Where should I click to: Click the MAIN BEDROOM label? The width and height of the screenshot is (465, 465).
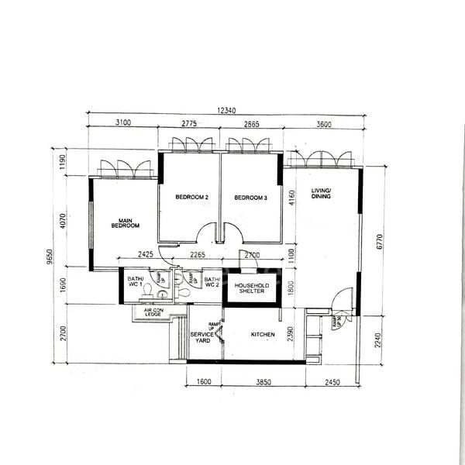[x=125, y=222]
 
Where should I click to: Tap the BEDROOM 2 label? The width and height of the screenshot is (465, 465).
[x=191, y=198]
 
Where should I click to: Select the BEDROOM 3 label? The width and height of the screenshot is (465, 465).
[x=250, y=198]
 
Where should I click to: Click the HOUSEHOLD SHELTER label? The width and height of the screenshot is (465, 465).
[x=252, y=289]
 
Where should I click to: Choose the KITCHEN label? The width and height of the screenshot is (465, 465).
[x=263, y=336]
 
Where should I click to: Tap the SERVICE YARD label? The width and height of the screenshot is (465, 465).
[x=202, y=339]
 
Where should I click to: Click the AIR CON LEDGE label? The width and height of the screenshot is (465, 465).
[x=152, y=312]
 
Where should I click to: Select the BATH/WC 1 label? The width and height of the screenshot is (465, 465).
[x=136, y=282]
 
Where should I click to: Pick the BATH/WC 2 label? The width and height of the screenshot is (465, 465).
[x=212, y=282]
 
